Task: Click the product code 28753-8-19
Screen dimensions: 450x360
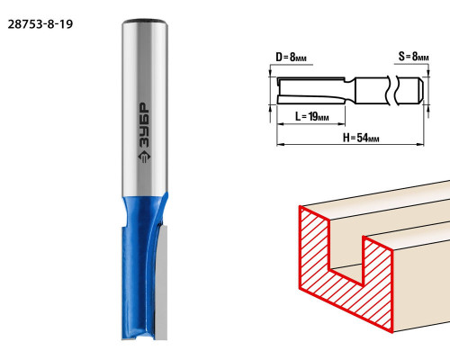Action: point(40,24)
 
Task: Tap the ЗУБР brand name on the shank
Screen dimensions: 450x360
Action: point(144,125)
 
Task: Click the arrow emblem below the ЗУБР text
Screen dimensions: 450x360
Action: point(144,157)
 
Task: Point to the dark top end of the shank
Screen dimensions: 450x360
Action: point(144,22)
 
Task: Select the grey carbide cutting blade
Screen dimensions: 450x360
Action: point(161,282)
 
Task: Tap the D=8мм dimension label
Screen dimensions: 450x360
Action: point(292,57)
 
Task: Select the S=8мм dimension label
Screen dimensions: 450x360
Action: point(414,56)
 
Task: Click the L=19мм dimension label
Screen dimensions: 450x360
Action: point(312,116)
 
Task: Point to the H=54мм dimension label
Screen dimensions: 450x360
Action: point(361,138)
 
